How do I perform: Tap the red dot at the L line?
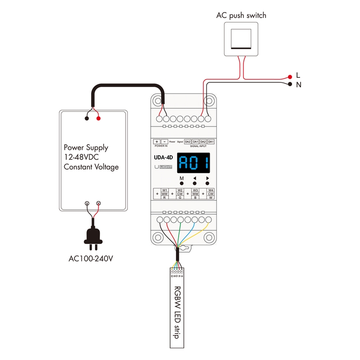pos(290,77)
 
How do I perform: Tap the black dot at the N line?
pos(290,84)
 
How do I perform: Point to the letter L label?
pos(298,75)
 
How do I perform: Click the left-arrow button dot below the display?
pos(195,184)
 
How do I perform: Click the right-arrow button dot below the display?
pos(207,184)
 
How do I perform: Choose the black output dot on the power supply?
pos(86,119)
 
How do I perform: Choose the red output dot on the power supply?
pos(99,119)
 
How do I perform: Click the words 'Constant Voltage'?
pos(91,167)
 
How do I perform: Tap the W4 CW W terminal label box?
pos(211,194)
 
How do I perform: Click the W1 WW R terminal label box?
pos(165,194)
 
